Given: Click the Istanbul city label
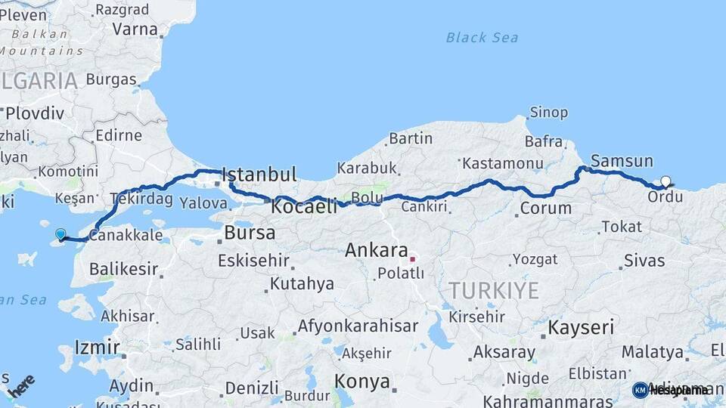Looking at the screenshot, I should coord(259,175).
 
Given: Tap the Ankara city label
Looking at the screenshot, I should coord(377,250).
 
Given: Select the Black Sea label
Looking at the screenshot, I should coord(481,37).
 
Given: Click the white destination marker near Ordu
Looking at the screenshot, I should coord(665,181).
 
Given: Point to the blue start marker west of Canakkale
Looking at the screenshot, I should coord(60,234).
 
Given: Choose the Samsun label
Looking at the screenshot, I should coord(622,160).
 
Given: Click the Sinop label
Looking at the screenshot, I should coord(548,113).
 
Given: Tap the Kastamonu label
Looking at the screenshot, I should coord(503,163).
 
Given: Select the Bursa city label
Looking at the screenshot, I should coord(250,233).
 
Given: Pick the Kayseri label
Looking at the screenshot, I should coord(580,327).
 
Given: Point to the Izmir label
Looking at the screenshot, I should coord(97,348).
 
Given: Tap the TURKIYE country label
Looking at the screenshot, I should coord(494,291).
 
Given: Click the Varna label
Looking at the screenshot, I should coord(135,29).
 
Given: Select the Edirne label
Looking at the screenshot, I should coord(119,135).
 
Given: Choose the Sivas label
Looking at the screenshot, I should coord(644,261).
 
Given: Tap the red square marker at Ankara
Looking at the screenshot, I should coord(413,259).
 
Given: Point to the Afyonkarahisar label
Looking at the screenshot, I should coord(358,326).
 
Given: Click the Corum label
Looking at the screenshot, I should coord(545,208).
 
